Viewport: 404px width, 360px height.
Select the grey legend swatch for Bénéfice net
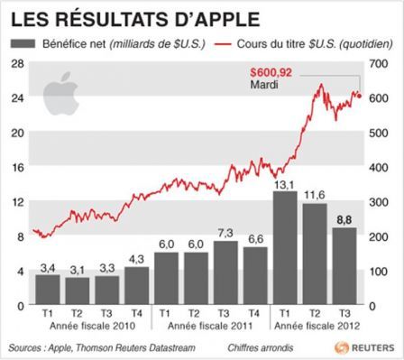tap(21, 43)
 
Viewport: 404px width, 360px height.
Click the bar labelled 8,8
tap(344, 267)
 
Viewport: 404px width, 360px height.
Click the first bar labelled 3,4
tap(48, 290)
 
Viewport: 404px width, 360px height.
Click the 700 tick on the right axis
tap(384, 61)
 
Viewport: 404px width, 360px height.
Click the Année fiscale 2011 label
tap(210, 327)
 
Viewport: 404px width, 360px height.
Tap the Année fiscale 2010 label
tap(91, 327)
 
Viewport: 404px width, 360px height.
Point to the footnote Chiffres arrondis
tap(243, 346)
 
